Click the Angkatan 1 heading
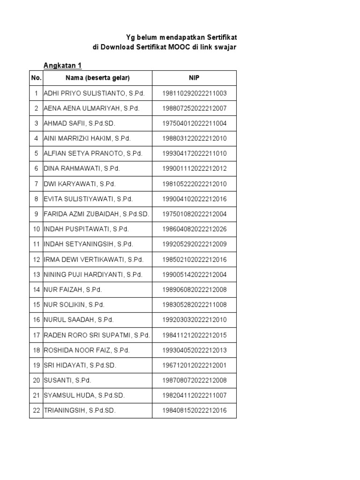tap(62, 65)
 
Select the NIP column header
tap(194, 78)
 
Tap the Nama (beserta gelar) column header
tap(97, 78)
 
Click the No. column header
tap(36, 78)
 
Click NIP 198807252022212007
tap(194, 108)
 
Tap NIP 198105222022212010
tap(194, 184)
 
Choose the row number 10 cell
tap(36, 229)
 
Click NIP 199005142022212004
tap(194, 274)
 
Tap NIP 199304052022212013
tap(194, 350)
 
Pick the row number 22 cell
tap(36, 411)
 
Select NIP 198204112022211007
tap(194, 396)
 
